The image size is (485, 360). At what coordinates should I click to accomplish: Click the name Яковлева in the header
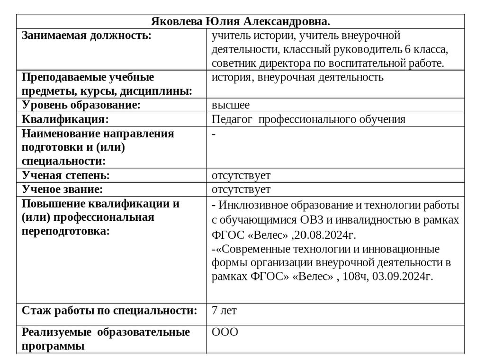(x=176, y=22)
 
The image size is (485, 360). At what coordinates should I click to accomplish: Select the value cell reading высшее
(x=231, y=105)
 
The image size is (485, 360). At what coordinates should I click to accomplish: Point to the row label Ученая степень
(x=66, y=176)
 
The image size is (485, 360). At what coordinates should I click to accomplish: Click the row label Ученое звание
(x=62, y=190)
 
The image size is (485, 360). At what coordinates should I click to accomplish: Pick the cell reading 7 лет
(x=224, y=311)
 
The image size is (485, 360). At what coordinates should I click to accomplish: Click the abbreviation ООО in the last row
(x=225, y=332)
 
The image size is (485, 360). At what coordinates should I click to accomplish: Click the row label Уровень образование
(x=81, y=105)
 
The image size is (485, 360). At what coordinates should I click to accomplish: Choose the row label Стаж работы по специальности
(x=109, y=311)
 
